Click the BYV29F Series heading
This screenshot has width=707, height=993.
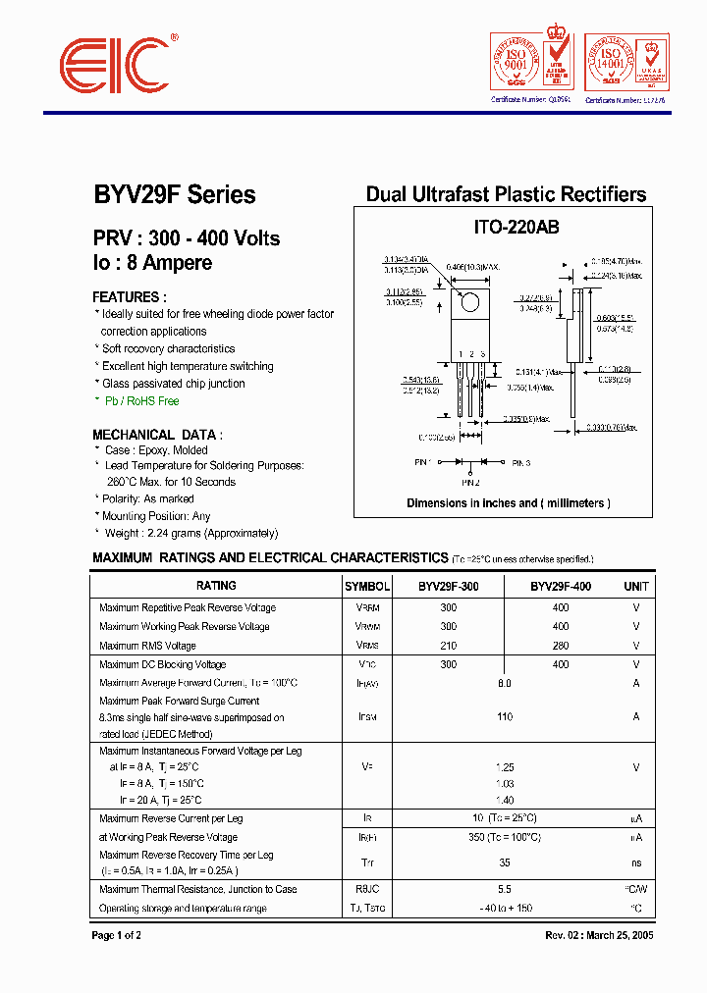174,194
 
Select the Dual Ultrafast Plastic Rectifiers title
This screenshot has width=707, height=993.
506,194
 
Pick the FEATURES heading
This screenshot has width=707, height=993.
129,296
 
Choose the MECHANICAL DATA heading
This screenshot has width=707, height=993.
157,434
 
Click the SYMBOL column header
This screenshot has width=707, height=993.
366,586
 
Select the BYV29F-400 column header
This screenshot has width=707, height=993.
561,586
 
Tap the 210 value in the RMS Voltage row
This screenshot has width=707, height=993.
449,646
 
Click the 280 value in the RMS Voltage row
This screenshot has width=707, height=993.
561,646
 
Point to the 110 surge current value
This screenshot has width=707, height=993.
505,717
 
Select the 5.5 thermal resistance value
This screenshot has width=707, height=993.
505,889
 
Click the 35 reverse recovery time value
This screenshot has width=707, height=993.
505,862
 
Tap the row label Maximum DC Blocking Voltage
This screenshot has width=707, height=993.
162,664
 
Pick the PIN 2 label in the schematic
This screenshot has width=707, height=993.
470,483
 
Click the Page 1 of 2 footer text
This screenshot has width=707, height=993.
116,935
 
